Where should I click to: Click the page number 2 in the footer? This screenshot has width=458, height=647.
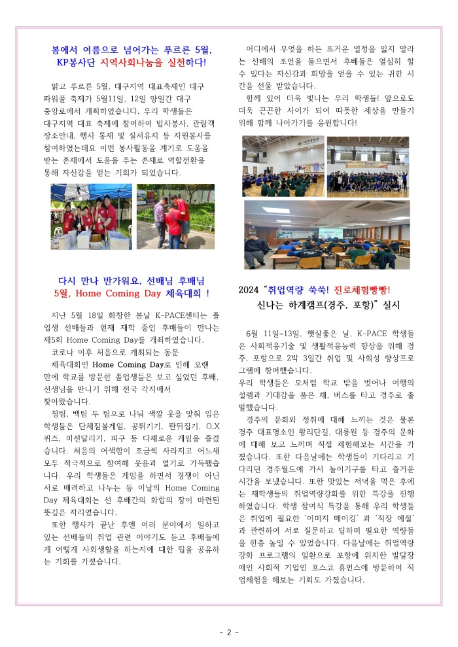229,632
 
